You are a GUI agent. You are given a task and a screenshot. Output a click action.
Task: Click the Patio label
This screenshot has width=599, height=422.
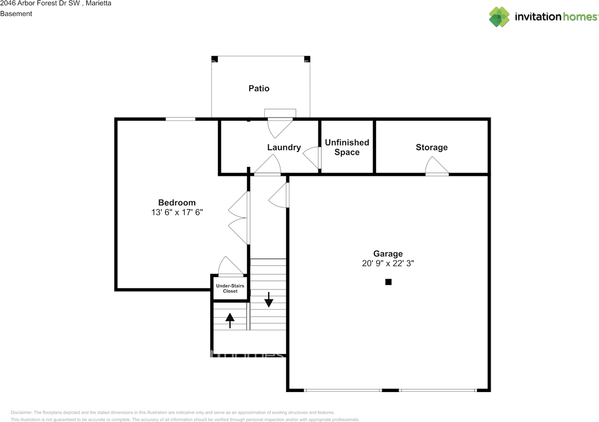[259, 88]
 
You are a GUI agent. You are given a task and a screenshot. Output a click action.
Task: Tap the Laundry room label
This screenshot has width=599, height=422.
[284, 147]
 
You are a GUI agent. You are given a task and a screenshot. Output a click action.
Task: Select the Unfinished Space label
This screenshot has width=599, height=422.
[347, 147]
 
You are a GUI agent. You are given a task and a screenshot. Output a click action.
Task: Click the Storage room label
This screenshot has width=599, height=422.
[431, 147]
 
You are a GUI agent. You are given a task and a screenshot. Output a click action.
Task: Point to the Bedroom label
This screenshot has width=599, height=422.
[176, 203]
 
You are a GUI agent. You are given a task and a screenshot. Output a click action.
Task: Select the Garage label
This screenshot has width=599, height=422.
[387, 254]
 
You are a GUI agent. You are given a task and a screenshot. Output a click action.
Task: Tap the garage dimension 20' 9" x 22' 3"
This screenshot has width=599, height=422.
[388, 263]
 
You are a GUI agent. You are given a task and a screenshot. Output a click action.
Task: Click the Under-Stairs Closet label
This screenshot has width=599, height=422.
[230, 288]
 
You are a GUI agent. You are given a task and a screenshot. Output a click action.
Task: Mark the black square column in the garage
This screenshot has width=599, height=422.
[388, 282]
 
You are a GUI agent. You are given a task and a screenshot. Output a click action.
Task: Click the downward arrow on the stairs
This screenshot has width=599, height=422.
[269, 300]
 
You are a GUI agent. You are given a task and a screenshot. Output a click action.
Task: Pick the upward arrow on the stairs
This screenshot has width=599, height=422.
[230, 320]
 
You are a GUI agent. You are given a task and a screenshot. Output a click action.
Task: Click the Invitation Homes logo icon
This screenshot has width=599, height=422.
[499, 17]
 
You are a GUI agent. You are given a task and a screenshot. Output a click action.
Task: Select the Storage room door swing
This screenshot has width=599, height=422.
[436, 167]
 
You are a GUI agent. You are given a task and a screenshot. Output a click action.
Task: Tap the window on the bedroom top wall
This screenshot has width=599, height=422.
[180, 119]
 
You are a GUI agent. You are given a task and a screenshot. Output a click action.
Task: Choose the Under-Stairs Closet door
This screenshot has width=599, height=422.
[230, 267]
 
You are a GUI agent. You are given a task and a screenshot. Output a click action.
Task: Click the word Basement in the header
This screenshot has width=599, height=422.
[16, 14]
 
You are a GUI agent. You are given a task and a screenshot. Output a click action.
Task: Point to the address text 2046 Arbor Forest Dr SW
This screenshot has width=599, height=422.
[42, 4]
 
